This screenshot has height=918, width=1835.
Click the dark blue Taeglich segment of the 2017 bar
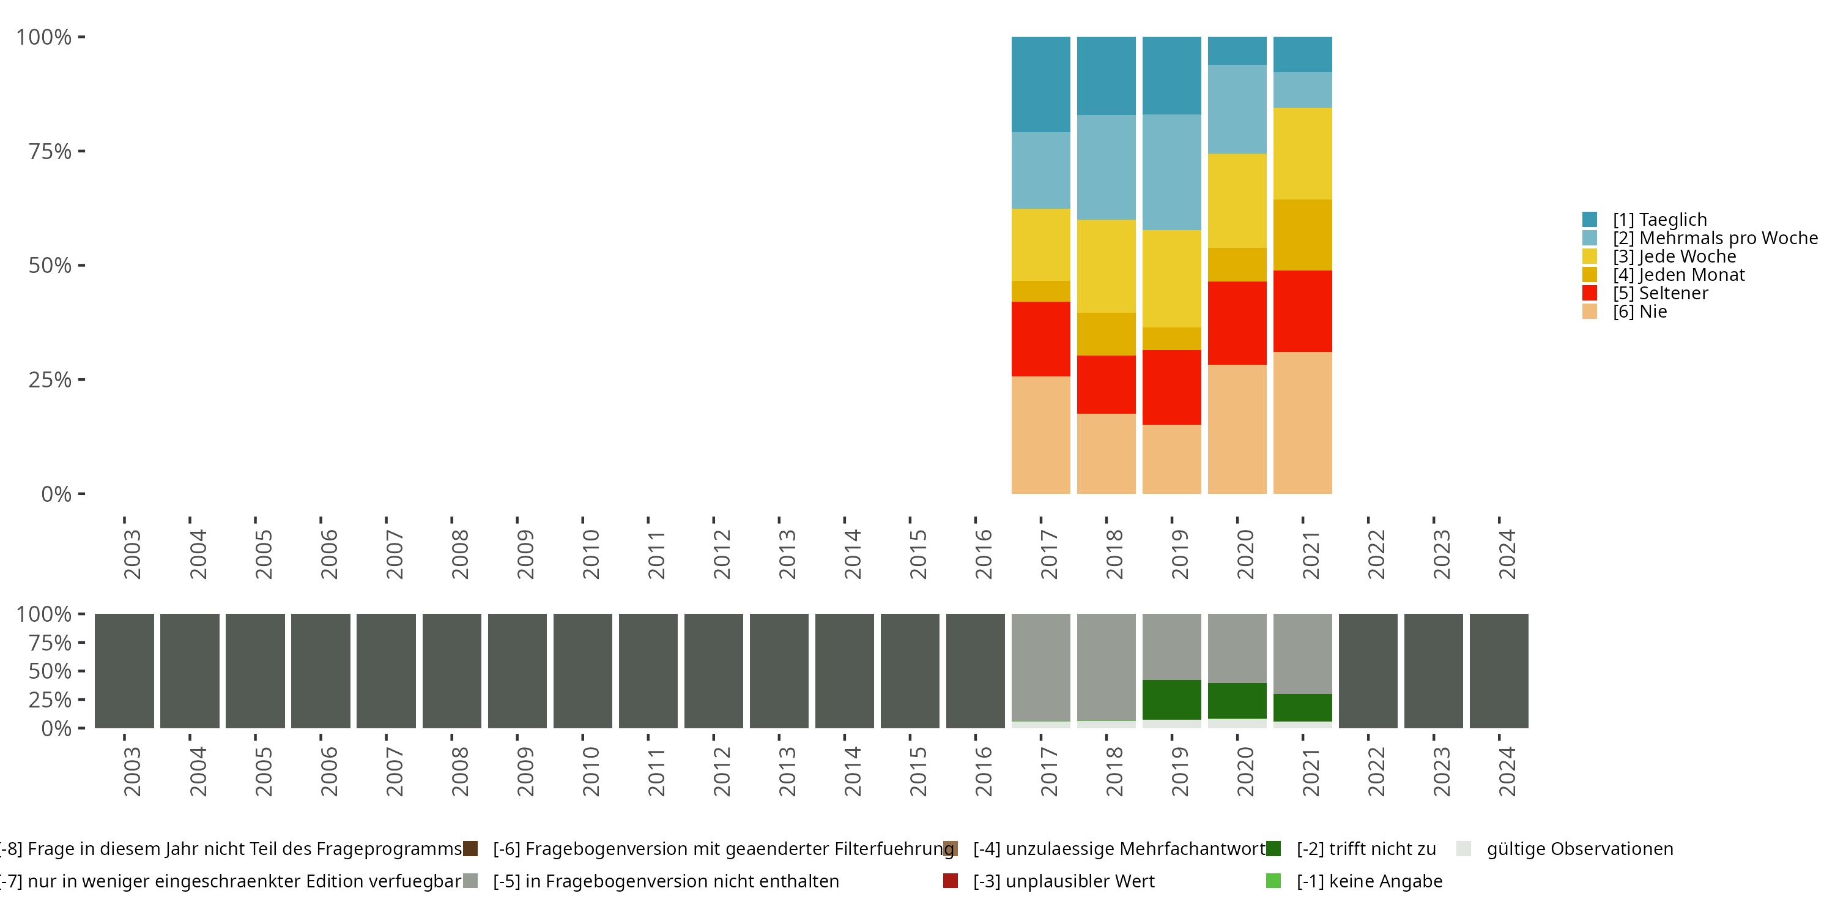pos(1040,84)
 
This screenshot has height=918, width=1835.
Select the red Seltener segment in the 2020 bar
pos(1237,323)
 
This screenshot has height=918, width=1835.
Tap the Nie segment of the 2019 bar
pos(1171,459)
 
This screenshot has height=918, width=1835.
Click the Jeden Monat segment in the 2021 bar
pos(1302,234)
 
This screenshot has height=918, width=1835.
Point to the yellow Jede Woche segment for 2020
pos(1237,200)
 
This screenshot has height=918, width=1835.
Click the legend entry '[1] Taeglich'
pos(1660,220)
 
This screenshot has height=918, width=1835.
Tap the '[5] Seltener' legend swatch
pos(1590,293)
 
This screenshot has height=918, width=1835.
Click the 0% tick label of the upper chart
pos(56,494)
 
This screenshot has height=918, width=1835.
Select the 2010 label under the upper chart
pos(590,554)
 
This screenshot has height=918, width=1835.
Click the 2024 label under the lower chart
pos(1507,772)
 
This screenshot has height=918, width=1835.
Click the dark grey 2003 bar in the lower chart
pos(124,671)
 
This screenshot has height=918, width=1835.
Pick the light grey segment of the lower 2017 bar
pos(1040,667)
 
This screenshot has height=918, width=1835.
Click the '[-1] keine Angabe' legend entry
pos(1368,881)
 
